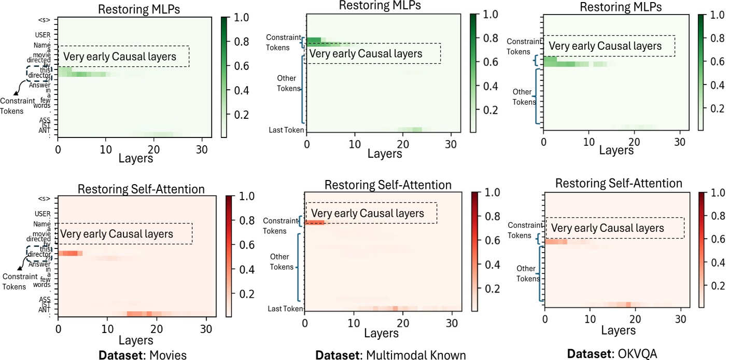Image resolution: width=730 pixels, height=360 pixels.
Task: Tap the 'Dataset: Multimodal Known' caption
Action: pyautogui.click(x=390, y=355)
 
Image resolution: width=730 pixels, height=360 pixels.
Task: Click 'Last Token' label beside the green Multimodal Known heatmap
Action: pyautogui.click(x=286, y=130)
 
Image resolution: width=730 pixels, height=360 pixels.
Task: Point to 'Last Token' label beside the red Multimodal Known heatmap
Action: pyautogui.click(x=285, y=309)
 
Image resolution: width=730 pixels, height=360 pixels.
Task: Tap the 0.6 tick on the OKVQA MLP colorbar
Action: pyautogui.click(x=713, y=62)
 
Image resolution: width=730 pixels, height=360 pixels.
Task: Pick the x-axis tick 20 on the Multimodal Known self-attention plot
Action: pyautogui.click(x=402, y=320)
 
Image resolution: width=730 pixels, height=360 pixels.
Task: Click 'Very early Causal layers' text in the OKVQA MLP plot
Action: pyautogui.click(x=605, y=46)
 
